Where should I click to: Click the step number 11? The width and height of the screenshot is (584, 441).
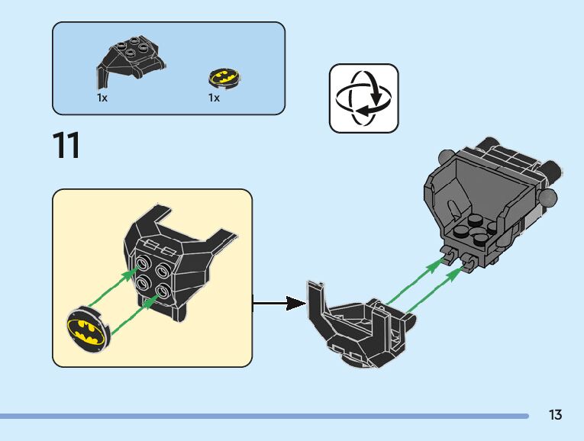66,146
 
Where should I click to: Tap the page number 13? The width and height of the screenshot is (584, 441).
555,415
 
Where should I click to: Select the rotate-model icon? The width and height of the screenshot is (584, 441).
363,98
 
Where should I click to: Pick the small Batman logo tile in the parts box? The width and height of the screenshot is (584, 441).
223,77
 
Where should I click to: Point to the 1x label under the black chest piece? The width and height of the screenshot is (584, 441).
102,98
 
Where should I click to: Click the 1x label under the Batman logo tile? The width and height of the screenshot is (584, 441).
214,98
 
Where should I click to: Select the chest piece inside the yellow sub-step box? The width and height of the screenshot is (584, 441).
169,259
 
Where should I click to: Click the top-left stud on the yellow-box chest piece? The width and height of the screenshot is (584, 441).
142,263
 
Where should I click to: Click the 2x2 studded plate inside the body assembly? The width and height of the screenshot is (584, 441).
472,229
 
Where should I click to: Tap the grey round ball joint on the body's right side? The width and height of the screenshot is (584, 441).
548,198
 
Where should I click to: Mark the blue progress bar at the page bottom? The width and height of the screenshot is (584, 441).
264,416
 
